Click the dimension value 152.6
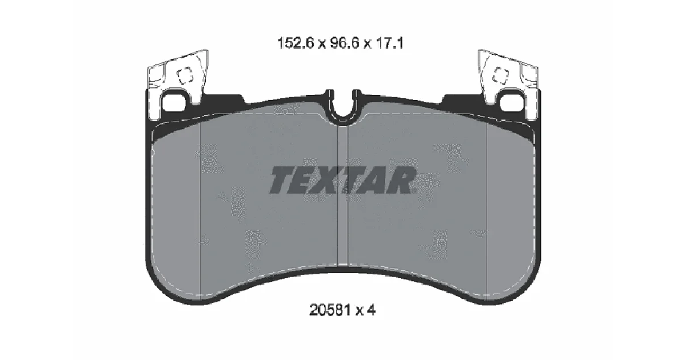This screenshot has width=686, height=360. click(296, 43)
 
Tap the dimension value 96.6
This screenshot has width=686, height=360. click(345, 43)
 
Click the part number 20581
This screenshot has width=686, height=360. click(330, 310)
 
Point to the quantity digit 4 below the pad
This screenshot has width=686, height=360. click(371, 310)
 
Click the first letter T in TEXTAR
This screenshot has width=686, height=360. click(284, 180)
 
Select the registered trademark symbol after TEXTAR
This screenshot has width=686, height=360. click(414, 191)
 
